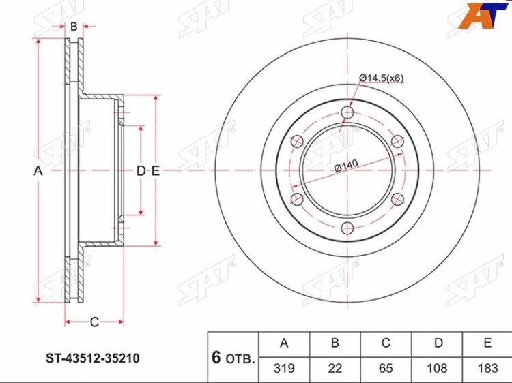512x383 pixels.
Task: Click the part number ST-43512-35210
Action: [x=92, y=358]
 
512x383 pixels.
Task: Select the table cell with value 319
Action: [x=284, y=368]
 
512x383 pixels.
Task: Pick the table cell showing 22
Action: [x=335, y=368]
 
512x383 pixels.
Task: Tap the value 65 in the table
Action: [x=386, y=368]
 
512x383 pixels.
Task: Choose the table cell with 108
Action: [x=437, y=368]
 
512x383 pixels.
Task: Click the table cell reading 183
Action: [x=487, y=368]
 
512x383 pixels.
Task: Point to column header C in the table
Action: [x=386, y=343]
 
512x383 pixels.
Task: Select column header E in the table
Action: [x=487, y=343]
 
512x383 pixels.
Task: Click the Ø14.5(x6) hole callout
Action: [x=382, y=78]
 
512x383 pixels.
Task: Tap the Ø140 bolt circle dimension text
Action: [x=346, y=166]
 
